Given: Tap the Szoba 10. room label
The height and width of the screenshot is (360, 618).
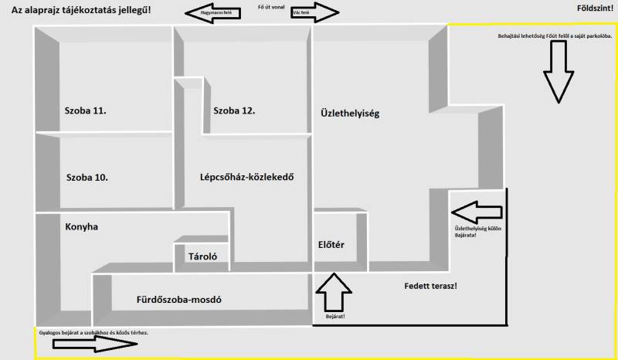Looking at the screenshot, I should tap(87, 177).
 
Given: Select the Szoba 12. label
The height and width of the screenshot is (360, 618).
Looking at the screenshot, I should tap(234, 110).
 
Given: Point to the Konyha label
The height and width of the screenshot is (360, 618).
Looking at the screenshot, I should tap(83, 227).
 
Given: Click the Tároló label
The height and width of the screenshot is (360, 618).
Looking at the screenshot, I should tap(202, 256).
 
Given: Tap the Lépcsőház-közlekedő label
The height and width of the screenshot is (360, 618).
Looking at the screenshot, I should tap(246, 177).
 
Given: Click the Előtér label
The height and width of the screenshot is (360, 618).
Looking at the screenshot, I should tap(331, 245).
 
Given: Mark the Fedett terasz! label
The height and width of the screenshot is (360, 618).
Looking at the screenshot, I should tap(430, 287).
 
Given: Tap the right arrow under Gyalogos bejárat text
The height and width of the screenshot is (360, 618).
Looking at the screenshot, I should tap(87, 344).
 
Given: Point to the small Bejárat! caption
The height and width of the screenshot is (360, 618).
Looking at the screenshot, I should tap(334, 317).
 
